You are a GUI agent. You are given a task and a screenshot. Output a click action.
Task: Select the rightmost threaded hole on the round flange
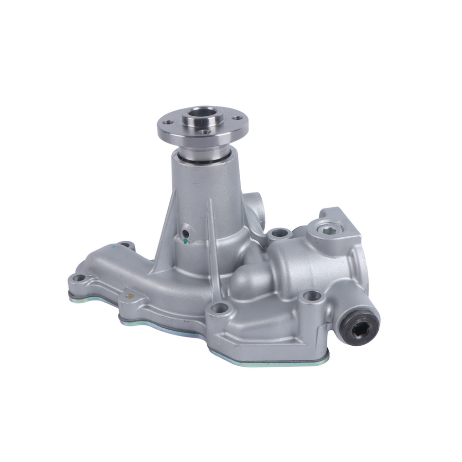tap(237, 118)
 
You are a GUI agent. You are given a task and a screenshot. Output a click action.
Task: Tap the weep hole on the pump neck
tap(185, 233)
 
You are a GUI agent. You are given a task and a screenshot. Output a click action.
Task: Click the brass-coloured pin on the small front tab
tap(130, 296)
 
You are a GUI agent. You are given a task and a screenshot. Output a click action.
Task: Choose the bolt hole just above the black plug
tap(312, 295)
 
